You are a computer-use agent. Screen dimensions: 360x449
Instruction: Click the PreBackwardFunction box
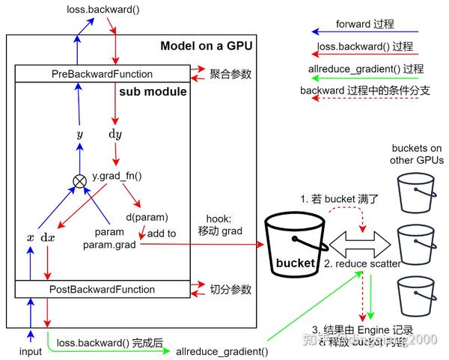tap(103, 74)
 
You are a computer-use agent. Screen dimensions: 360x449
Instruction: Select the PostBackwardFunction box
tap(103, 289)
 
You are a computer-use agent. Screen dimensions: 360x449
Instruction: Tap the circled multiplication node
tap(79, 180)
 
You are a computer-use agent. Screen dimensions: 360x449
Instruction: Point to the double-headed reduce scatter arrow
tap(362, 244)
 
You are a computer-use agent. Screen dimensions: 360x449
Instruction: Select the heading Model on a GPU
tap(206, 46)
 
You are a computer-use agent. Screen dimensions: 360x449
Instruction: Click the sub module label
tap(153, 92)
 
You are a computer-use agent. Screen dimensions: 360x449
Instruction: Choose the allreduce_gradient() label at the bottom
tap(222, 350)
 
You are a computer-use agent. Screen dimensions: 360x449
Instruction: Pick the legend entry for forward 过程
tap(365, 23)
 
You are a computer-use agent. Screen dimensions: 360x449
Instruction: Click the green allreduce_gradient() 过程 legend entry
tap(365, 68)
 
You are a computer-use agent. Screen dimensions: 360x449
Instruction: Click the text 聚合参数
tap(230, 74)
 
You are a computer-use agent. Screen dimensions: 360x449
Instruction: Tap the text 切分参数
tap(230, 289)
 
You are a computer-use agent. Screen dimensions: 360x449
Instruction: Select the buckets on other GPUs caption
tap(416, 154)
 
